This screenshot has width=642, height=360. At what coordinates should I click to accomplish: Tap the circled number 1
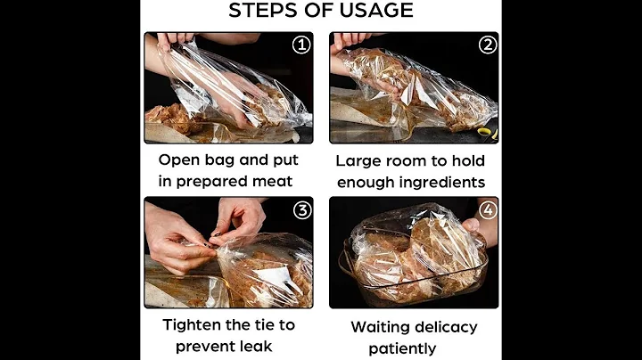pos(301,45)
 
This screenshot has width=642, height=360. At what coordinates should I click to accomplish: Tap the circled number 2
pos(488,45)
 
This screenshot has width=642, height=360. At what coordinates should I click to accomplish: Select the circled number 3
pos(302,210)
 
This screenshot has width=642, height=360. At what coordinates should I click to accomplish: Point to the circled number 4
pos(488,210)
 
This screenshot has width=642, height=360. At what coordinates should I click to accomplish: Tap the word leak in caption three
pos(256,347)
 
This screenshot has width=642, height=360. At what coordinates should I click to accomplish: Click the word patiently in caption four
pos(402,349)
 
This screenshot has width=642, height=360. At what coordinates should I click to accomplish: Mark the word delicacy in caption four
pos(447,328)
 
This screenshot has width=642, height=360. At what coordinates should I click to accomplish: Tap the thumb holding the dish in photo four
pos(471,225)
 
